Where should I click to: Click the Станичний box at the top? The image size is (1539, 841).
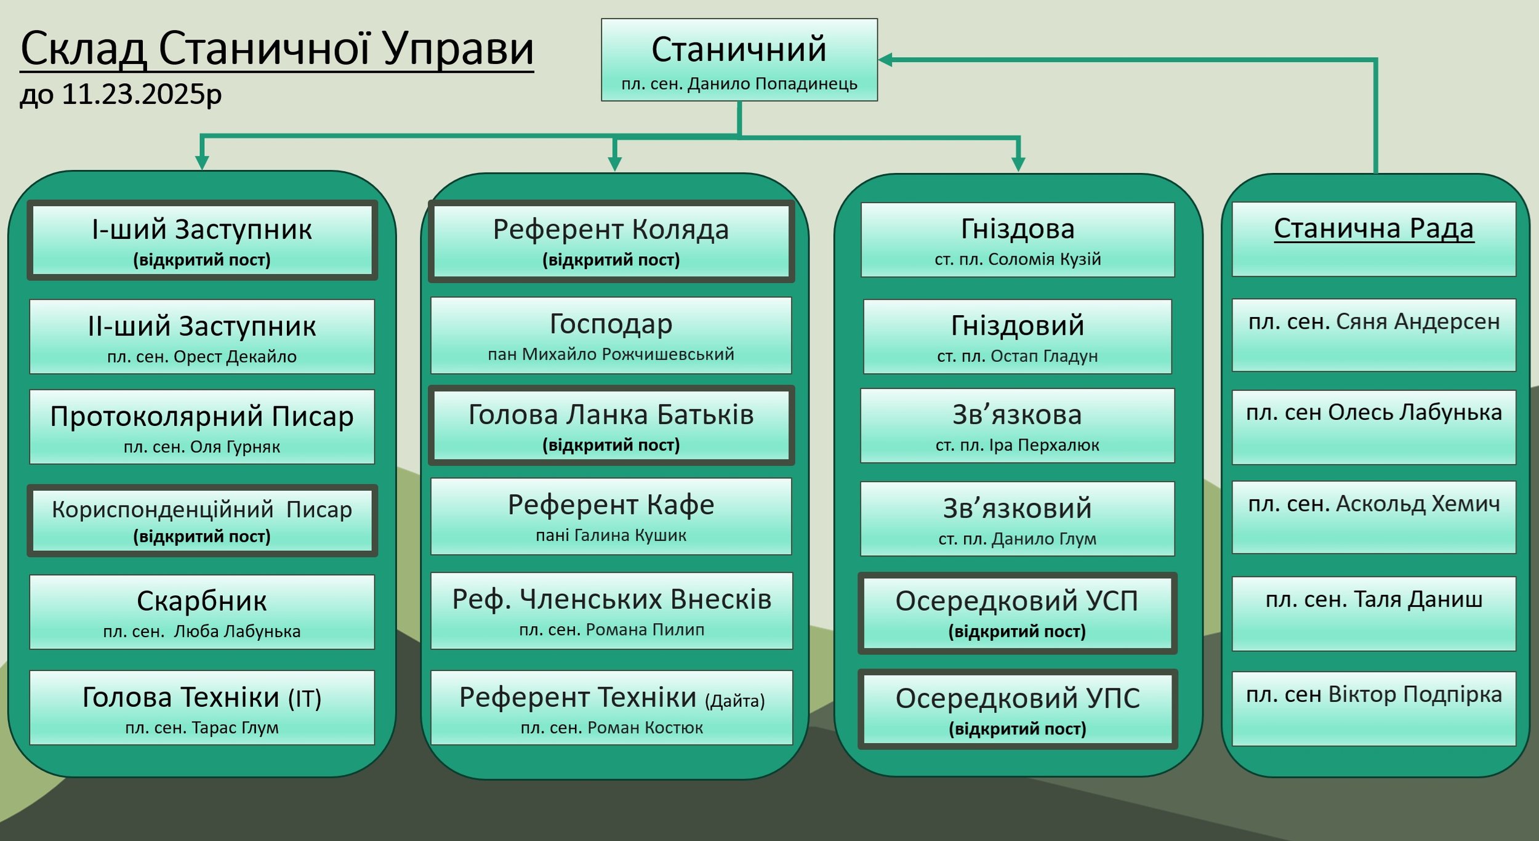[x=739, y=60]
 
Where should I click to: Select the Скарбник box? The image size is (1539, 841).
[x=202, y=611]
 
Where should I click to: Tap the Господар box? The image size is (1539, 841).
[x=611, y=336]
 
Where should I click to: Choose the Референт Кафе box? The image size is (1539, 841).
[x=611, y=516]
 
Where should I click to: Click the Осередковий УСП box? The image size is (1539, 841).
[x=1017, y=613]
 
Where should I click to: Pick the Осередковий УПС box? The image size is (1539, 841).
[x=1017, y=710]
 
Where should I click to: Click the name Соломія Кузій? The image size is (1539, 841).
[x=1044, y=259]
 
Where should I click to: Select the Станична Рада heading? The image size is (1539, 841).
[x=1373, y=228]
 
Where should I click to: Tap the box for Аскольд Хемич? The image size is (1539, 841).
[x=1373, y=517]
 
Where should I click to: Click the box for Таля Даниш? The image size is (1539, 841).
[x=1373, y=613]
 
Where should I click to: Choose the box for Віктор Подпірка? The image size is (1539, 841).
[x=1373, y=708]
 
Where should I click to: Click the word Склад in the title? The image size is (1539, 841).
[x=83, y=49]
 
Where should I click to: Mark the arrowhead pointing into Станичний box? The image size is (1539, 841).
[x=885, y=60]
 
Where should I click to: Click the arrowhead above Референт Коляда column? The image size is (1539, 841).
[x=614, y=164]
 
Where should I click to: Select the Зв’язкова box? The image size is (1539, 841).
[x=1017, y=425]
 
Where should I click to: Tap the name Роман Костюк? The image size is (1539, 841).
[x=645, y=728]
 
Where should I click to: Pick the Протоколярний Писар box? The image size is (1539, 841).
[x=202, y=427]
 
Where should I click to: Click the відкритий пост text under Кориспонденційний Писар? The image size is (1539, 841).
[x=202, y=536]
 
